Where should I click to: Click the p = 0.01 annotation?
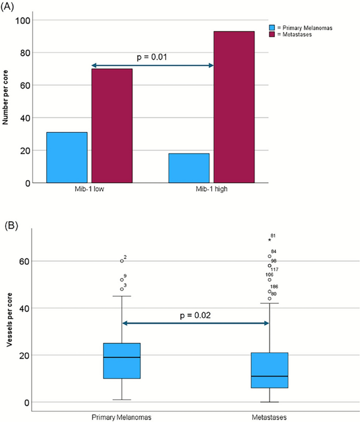point(152,56)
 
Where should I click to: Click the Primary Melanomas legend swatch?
point(272,27)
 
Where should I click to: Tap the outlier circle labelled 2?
point(121,261)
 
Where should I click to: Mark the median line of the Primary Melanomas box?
point(121,357)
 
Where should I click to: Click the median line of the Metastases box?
point(270,376)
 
